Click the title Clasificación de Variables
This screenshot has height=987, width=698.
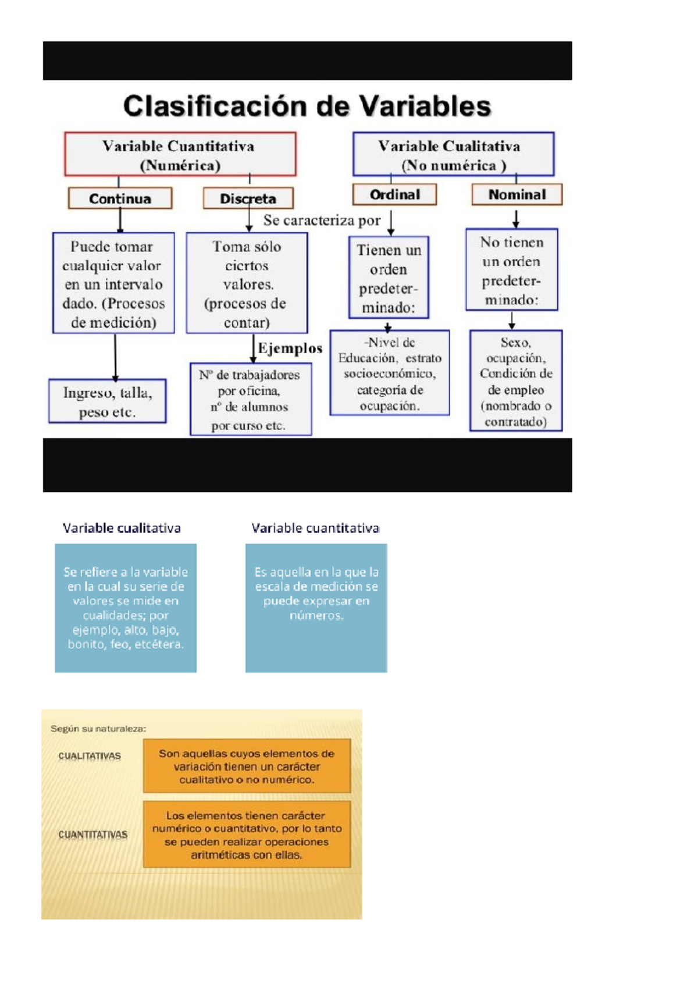307,106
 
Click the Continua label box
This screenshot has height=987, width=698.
120,198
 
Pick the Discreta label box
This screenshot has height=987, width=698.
248,198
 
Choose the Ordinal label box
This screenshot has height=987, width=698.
394,194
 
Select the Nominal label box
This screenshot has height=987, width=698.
517,194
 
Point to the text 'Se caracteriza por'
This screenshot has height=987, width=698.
322,221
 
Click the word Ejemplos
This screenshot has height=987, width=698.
290,348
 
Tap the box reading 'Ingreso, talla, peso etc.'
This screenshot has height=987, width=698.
108,402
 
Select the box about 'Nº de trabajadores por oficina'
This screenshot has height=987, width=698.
250,400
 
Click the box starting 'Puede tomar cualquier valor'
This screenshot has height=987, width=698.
113,283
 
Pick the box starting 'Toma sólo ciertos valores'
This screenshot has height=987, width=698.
247,283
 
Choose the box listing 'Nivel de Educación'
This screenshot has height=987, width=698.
390,373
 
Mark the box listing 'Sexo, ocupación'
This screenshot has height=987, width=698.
516,381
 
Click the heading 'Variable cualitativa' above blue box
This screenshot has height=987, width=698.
122,528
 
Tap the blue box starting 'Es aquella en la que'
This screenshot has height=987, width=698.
316,608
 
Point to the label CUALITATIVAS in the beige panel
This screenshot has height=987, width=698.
90,756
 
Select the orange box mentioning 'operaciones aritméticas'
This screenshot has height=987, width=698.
247,835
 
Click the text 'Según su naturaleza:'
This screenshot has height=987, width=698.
98,729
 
